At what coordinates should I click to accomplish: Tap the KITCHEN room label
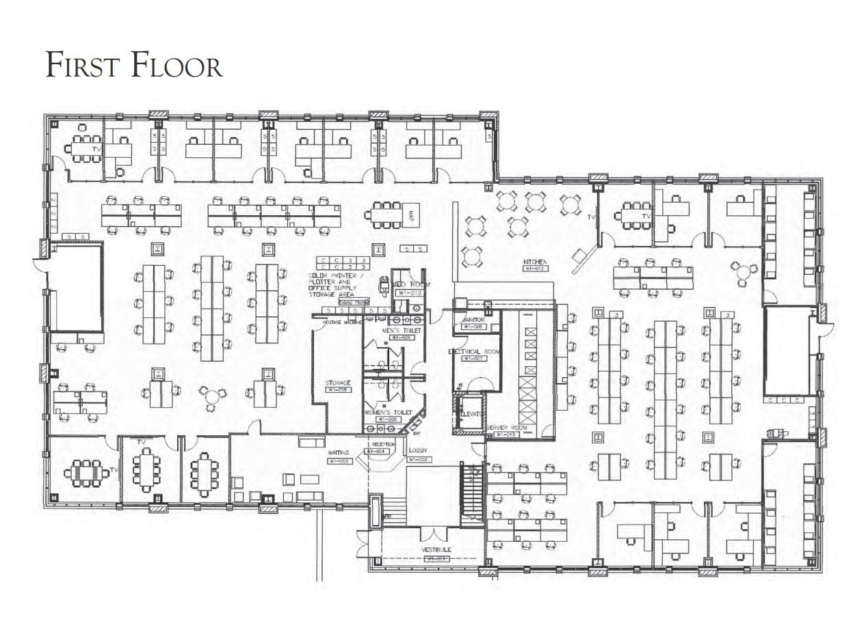pos(536,262)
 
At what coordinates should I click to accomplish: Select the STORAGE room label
pos(338,383)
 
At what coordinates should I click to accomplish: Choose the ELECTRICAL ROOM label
pos(475,351)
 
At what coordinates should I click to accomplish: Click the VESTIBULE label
pos(436,550)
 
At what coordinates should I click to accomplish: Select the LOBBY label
pos(417,451)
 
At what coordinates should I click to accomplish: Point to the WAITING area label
pos(339,452)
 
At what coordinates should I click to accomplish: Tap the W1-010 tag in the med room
pos(410,292)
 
